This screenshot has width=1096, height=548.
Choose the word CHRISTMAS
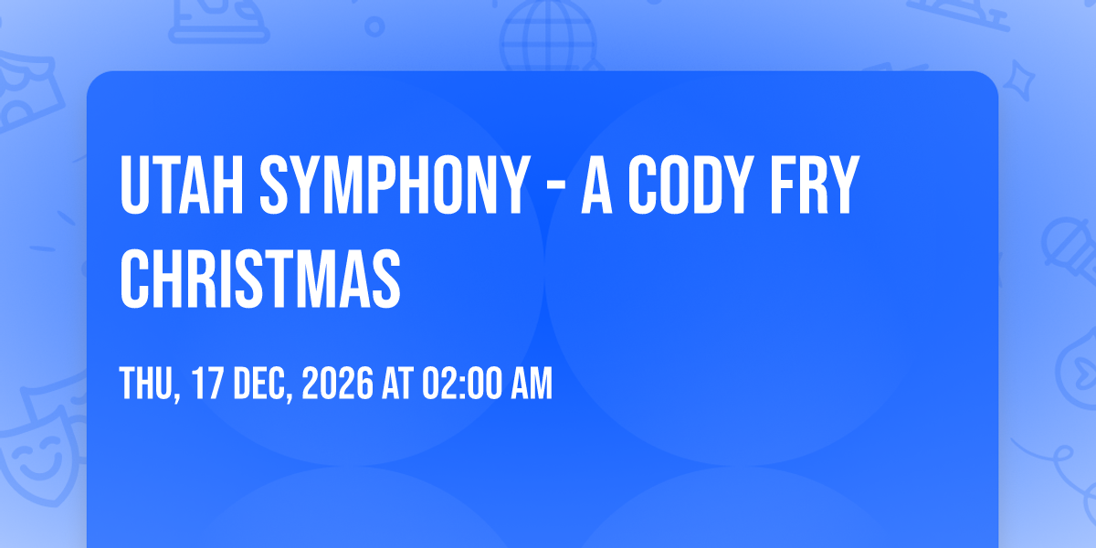click(x=260, y=278)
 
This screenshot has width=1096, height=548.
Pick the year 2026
click(x=338, y=383)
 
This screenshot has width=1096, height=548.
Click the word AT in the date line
click(x=397, y=383)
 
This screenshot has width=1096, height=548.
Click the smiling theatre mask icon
click(x=39, y=460)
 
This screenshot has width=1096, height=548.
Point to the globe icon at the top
click(x=548, y=37)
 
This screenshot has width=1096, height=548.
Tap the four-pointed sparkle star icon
click(x=1018, y=80)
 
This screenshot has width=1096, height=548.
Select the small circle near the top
click(x=374, y=26)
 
